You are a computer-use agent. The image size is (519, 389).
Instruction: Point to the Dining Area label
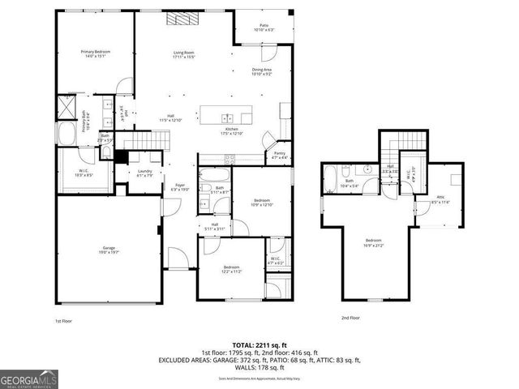(261, 72)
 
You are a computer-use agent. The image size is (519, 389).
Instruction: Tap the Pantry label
(280, 155)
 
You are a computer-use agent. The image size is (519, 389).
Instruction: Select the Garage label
(108, 250)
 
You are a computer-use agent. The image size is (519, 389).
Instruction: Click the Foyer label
(180, 187)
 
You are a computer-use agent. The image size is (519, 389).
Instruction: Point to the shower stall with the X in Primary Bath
(66, 106)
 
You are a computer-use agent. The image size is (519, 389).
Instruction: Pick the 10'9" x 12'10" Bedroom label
(261, 202)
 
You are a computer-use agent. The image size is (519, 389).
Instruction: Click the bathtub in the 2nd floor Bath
(332, 179)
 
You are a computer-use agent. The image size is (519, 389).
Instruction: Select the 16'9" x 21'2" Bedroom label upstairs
(374, 242)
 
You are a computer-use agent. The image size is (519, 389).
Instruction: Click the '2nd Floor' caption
(350, 318)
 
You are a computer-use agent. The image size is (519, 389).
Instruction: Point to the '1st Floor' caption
(64, 321)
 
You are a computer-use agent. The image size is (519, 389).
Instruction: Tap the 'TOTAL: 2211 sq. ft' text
(259, 344)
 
